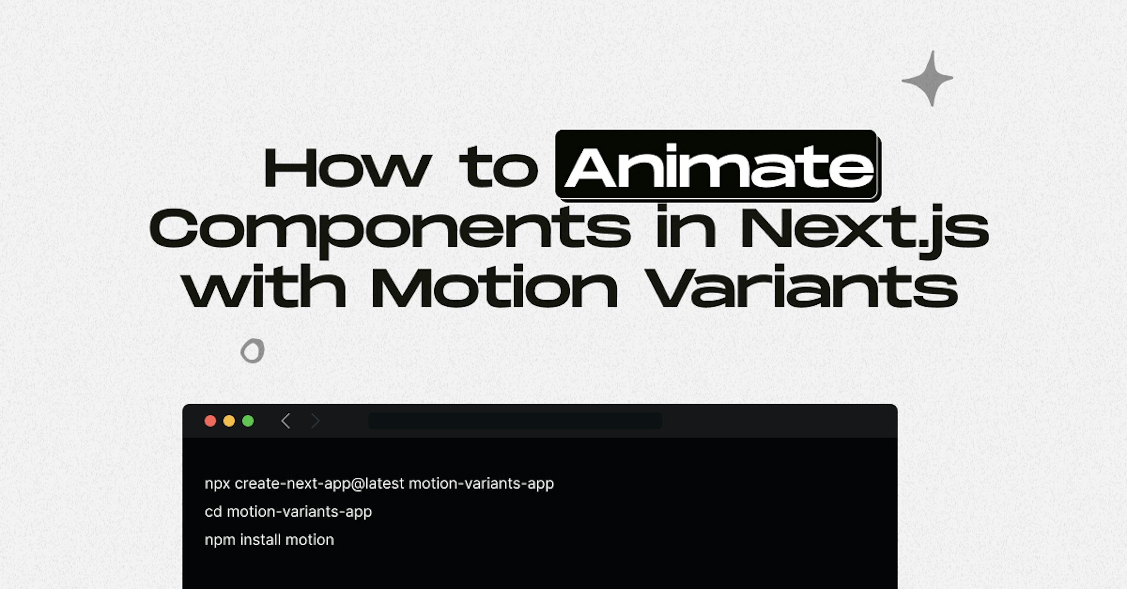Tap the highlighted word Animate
pos(718,166)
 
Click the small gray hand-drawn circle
pos(252,351)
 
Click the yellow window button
pos(229,421)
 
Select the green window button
pos(248,421)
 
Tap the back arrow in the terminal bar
pos(286,421)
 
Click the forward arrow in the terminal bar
pos(315,421)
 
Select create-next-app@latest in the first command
pos(319,484)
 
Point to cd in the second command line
pos(213,511)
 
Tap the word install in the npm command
pos(260,540)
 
